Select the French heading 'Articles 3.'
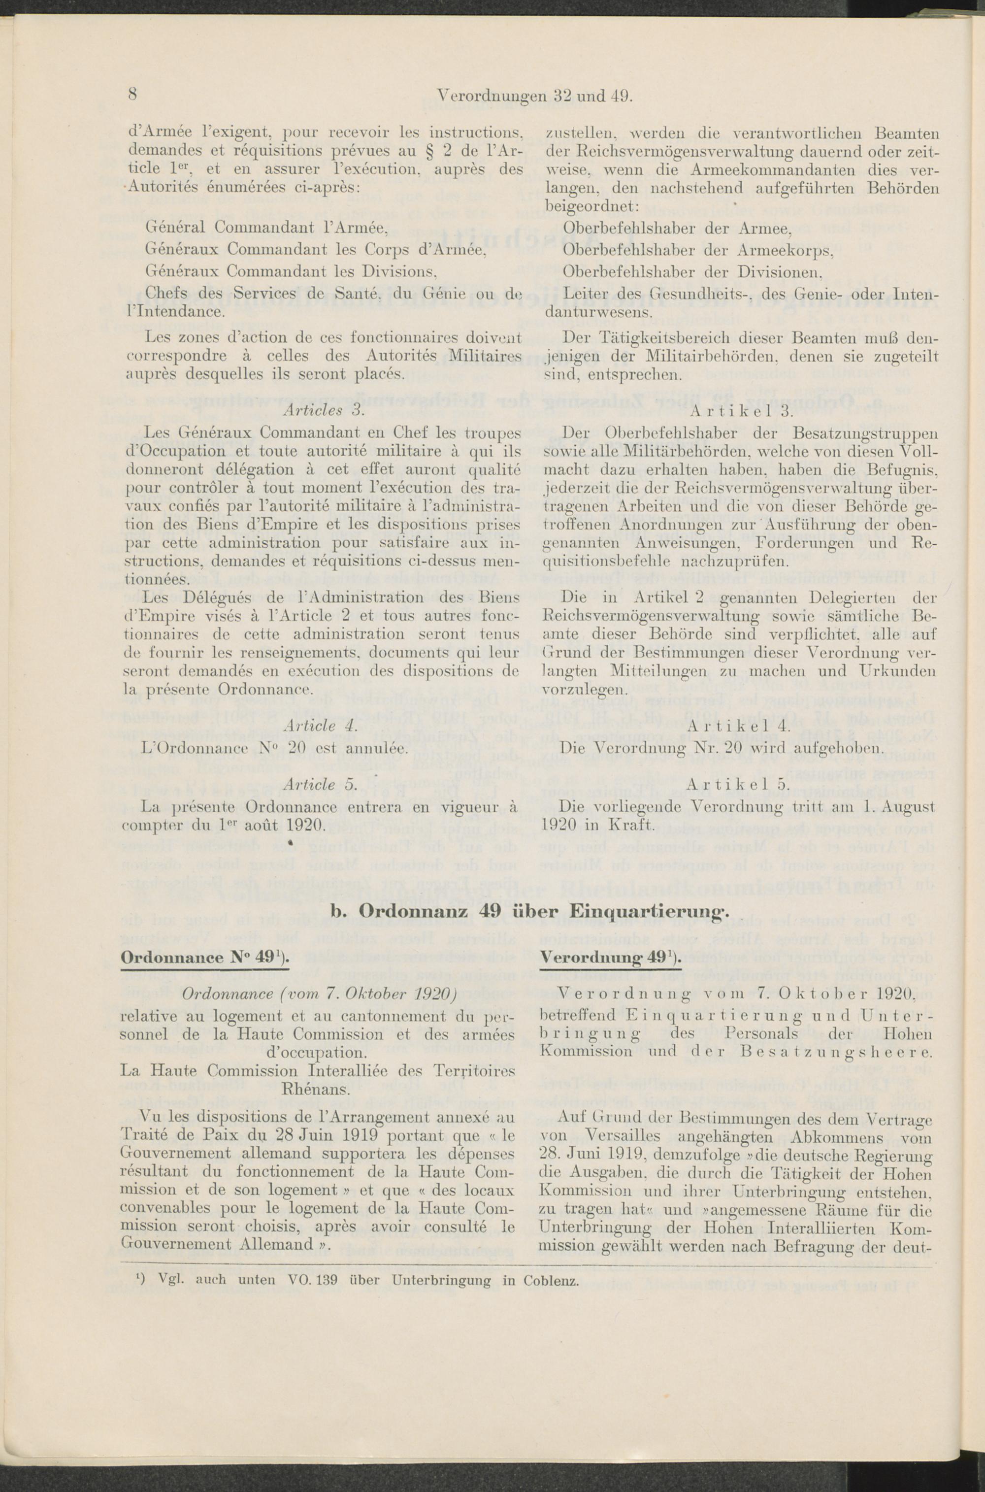pyautogui.click(x=321, y=410)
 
